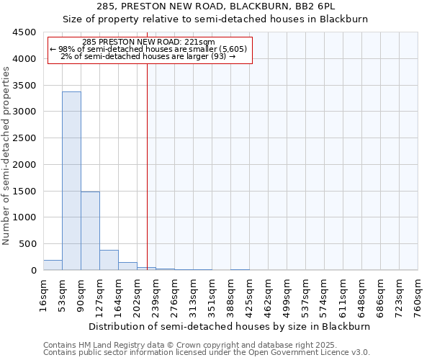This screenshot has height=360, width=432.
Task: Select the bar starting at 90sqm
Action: pos(90,230)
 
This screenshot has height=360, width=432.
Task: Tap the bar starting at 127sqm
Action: pos(109,260)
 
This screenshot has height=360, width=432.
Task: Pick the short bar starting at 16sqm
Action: pos(53,265)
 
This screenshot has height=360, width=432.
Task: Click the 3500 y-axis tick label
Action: pos(24,86)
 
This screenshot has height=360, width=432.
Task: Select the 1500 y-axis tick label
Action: pos(24,192)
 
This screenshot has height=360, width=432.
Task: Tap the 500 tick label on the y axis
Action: pos(27,244)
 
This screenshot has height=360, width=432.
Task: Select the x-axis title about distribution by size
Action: pos(230,326)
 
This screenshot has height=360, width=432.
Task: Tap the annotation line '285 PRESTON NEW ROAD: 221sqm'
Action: pos(149,42)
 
